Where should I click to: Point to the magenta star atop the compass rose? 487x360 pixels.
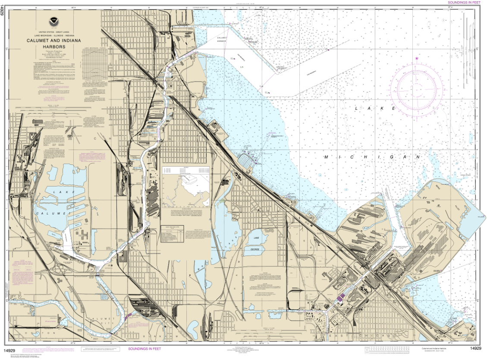click(416, 58)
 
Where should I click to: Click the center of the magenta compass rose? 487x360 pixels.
click(417, 89)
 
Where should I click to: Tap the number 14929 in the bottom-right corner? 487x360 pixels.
click(476, 348)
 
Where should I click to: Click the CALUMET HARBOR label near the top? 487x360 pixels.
click(222, 40)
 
